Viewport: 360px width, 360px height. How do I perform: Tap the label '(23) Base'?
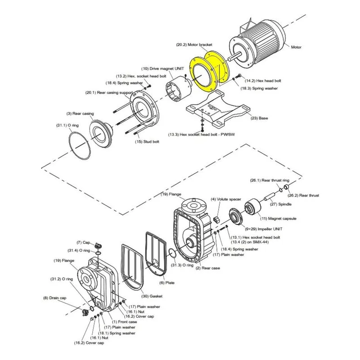pos(259,118)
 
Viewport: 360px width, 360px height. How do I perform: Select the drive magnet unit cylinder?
pos(179,90)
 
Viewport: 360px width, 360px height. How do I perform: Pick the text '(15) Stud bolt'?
pos(147,142)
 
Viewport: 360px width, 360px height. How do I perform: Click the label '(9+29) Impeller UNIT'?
pos(264,229)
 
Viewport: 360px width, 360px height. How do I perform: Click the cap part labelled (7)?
pos(98,245)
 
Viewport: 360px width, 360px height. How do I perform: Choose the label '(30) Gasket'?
pos(152,296)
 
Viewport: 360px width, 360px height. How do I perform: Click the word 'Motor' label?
pos(296,47)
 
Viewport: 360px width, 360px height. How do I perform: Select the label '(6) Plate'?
pos(167,283)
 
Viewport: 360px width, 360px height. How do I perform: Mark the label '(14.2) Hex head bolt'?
pos(263,81)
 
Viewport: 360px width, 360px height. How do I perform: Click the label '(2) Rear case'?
pos(208,268)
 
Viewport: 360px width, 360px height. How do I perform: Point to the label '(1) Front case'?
pos(125,322)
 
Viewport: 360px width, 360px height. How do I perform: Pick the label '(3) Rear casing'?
pos(80,114)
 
